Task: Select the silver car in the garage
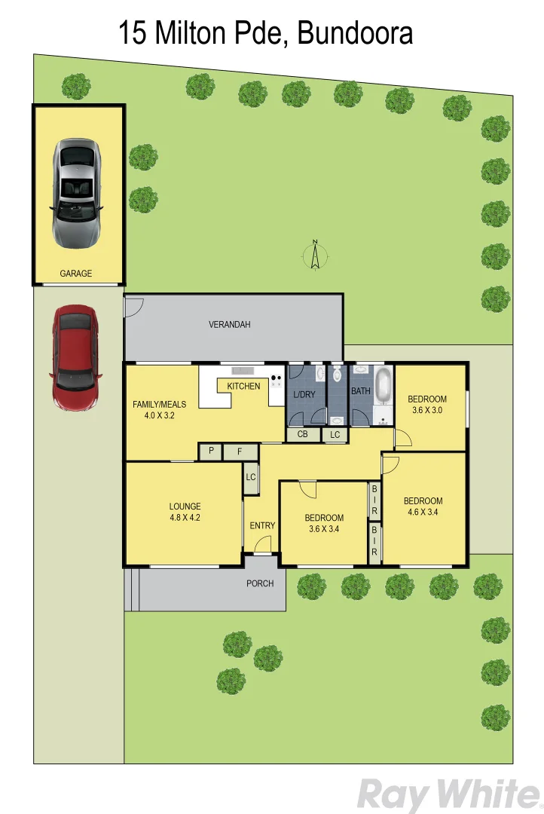[76, 193]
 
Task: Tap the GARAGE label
[76, 274]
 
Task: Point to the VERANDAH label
[229, 325]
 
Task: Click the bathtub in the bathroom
[384, 386]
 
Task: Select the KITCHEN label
[243, 386]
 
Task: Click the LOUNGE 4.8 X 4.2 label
[185, 512]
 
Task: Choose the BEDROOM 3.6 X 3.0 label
[427, 405]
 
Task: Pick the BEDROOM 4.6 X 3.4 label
[423, 506]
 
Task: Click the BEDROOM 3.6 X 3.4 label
[324, 523]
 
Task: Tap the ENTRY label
[262, 525]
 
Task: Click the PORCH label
[260, 583]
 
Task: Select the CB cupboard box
[302, 434]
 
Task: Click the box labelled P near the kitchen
[211, 451]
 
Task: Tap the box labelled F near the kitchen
[239, 451]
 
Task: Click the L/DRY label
[304, 394]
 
